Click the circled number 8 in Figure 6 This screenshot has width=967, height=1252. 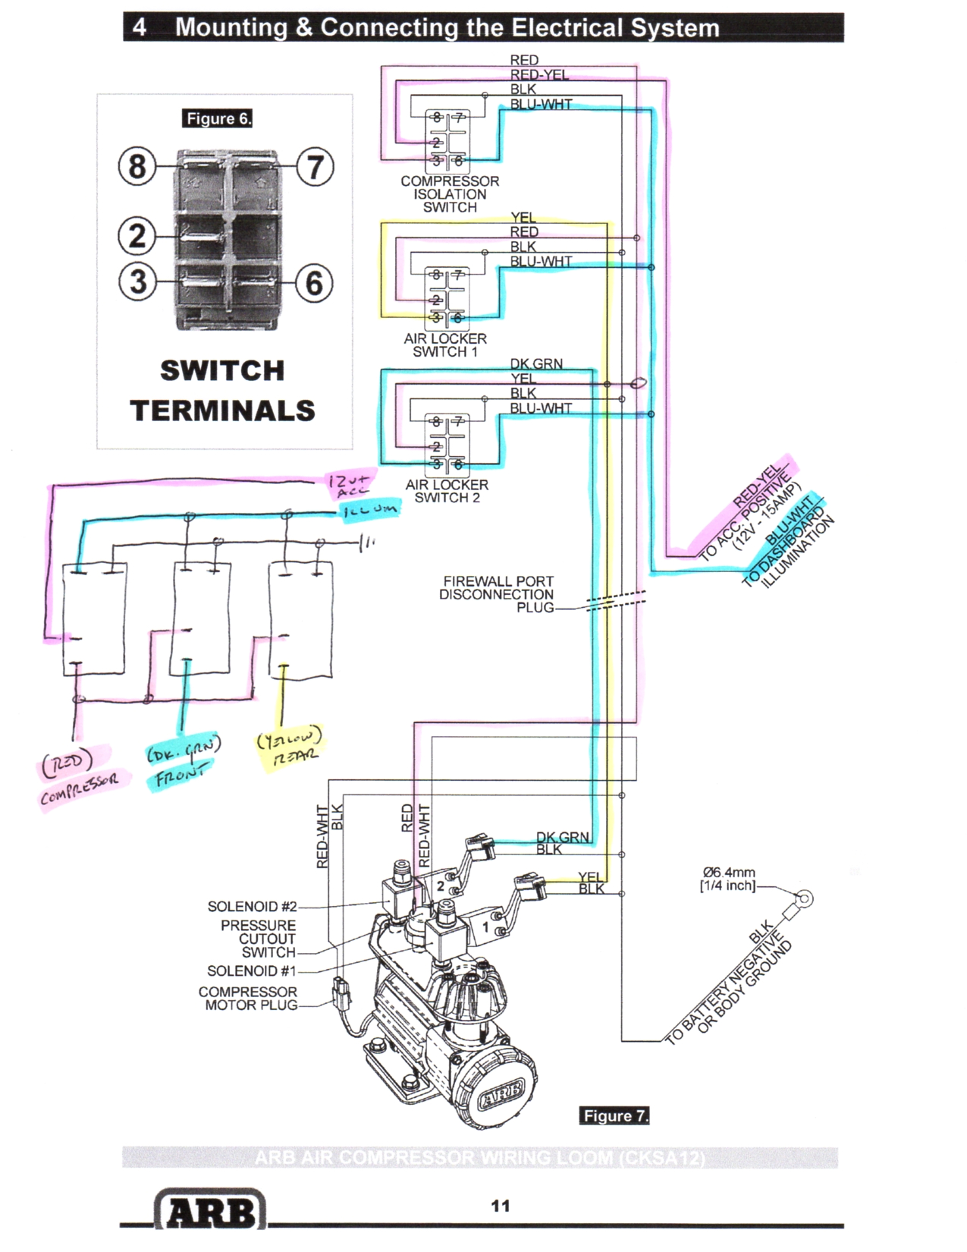pos(137,166)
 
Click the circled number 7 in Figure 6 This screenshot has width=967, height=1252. pos(314,167)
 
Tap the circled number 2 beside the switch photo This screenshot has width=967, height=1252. pos(137,236)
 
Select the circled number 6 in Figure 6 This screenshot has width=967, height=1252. pos(313,283)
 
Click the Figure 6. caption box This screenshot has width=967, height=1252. pos(217,118)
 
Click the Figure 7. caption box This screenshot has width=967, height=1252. pos(614,1115)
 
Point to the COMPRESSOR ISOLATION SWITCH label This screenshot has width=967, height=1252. pos(450,194)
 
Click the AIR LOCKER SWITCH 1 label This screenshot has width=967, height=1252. pos(445,345)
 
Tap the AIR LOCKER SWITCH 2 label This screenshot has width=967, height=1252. pos(447,491)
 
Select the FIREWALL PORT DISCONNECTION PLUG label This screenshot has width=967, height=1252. pos(498,594)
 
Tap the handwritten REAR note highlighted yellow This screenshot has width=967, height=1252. pos(296,756)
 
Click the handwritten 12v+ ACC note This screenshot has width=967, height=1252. pos(350,484)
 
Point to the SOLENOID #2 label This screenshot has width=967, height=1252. pos(252,907)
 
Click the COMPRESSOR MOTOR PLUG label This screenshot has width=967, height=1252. pos(248,999)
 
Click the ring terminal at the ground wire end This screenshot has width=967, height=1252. pos(804,900)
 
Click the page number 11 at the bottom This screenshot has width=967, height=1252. pos(501,1206)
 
